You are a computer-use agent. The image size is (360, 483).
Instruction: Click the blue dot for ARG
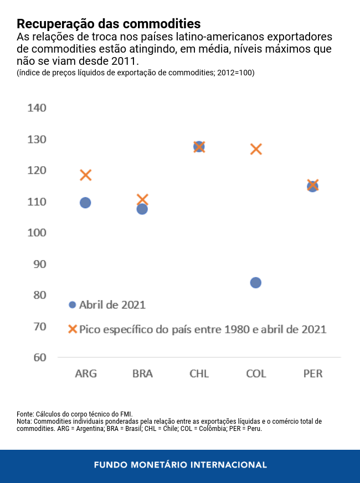(x=85, y=203)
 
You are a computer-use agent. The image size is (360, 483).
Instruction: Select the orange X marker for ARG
(x=85, y=175)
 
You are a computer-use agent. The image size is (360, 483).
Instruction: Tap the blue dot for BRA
(x=142, y=209)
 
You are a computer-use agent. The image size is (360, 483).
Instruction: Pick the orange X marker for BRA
(x=142, y=199)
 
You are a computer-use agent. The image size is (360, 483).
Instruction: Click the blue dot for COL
(x=255, y=282)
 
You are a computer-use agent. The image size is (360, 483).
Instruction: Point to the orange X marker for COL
(x=255, y=149)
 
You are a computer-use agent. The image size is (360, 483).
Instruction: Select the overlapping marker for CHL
(x=199, y=147)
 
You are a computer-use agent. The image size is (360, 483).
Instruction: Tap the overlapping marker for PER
(x=312, y=186)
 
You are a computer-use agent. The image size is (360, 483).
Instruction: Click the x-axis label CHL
(x=199, y=374)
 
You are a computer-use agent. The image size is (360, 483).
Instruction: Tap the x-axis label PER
(x=312, y=374)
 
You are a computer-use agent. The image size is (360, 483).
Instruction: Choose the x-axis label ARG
(x=86, y=374)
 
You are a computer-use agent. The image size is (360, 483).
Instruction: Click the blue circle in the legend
(x=72, y=305)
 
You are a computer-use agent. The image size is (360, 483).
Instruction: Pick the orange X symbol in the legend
(x=72, y=329)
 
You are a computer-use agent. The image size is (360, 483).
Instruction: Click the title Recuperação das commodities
(x=109, y=24)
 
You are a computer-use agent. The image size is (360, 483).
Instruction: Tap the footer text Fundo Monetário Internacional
(x=180, y=465)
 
